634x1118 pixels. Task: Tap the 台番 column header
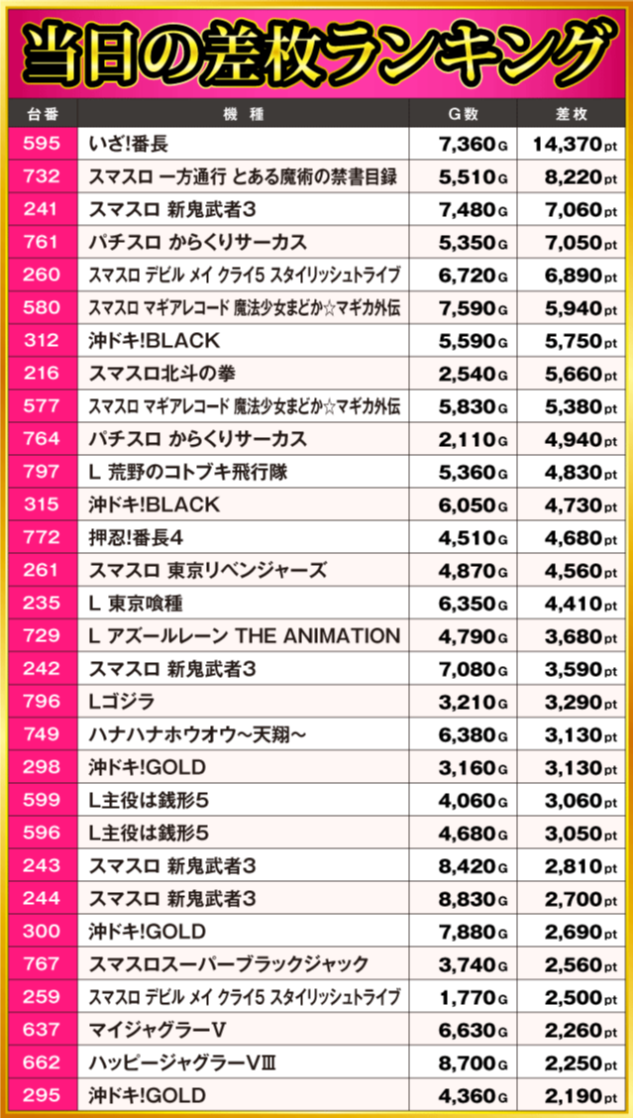41,113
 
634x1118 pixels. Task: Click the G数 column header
471,113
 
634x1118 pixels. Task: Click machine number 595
41,145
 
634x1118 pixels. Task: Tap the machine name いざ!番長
128,145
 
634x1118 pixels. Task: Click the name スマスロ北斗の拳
161,374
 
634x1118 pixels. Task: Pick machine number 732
41,177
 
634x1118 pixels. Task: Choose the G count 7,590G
473,308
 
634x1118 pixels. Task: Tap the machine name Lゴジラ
122,702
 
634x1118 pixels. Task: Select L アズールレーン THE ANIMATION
244,635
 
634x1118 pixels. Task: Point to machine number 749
41,734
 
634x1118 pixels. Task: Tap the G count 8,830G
473,898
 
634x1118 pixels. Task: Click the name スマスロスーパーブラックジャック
228,963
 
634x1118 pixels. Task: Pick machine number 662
41,1062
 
